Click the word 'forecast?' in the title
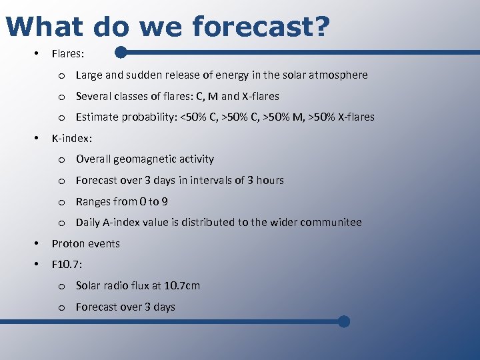click(260, 27)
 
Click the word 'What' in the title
click(45, 27)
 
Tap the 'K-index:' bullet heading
click(72, 138)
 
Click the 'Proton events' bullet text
click(86, 243)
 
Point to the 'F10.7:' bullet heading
click(67, 265)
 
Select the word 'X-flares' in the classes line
click(261, 96)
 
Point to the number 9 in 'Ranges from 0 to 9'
click(165, 202)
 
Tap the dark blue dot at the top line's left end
click(121, 51)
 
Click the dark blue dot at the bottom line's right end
click(343, 321)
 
